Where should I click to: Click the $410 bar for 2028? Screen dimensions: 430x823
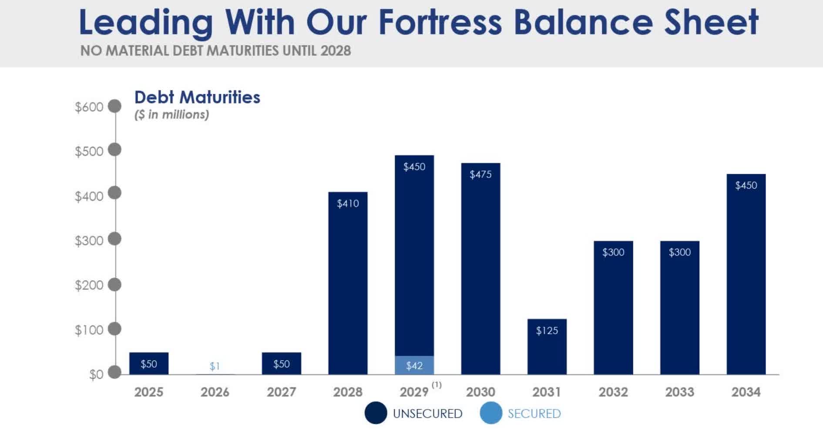(348, 283)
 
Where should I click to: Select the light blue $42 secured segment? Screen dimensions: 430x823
(414, 365)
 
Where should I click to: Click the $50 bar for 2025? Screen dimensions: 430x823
(148, 363)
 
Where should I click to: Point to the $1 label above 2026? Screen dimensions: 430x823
(215, 366)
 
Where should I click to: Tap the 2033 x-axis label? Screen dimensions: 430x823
(679, 392)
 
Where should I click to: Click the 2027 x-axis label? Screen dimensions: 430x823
(281, 392)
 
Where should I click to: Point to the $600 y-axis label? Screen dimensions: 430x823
(89, 107)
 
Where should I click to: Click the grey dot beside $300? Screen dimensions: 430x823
(114, 239)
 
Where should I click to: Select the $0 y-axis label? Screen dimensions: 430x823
(96, 374)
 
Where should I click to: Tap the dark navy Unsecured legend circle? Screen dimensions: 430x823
(376, 413)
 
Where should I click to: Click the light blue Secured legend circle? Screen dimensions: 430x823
(491, 413)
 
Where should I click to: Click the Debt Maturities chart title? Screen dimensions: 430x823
(197, 97)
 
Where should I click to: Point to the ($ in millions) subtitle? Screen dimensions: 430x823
(171, 114)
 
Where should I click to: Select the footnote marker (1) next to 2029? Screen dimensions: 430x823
(437, 385)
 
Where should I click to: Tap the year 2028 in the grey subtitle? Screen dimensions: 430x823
(336, 50)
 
